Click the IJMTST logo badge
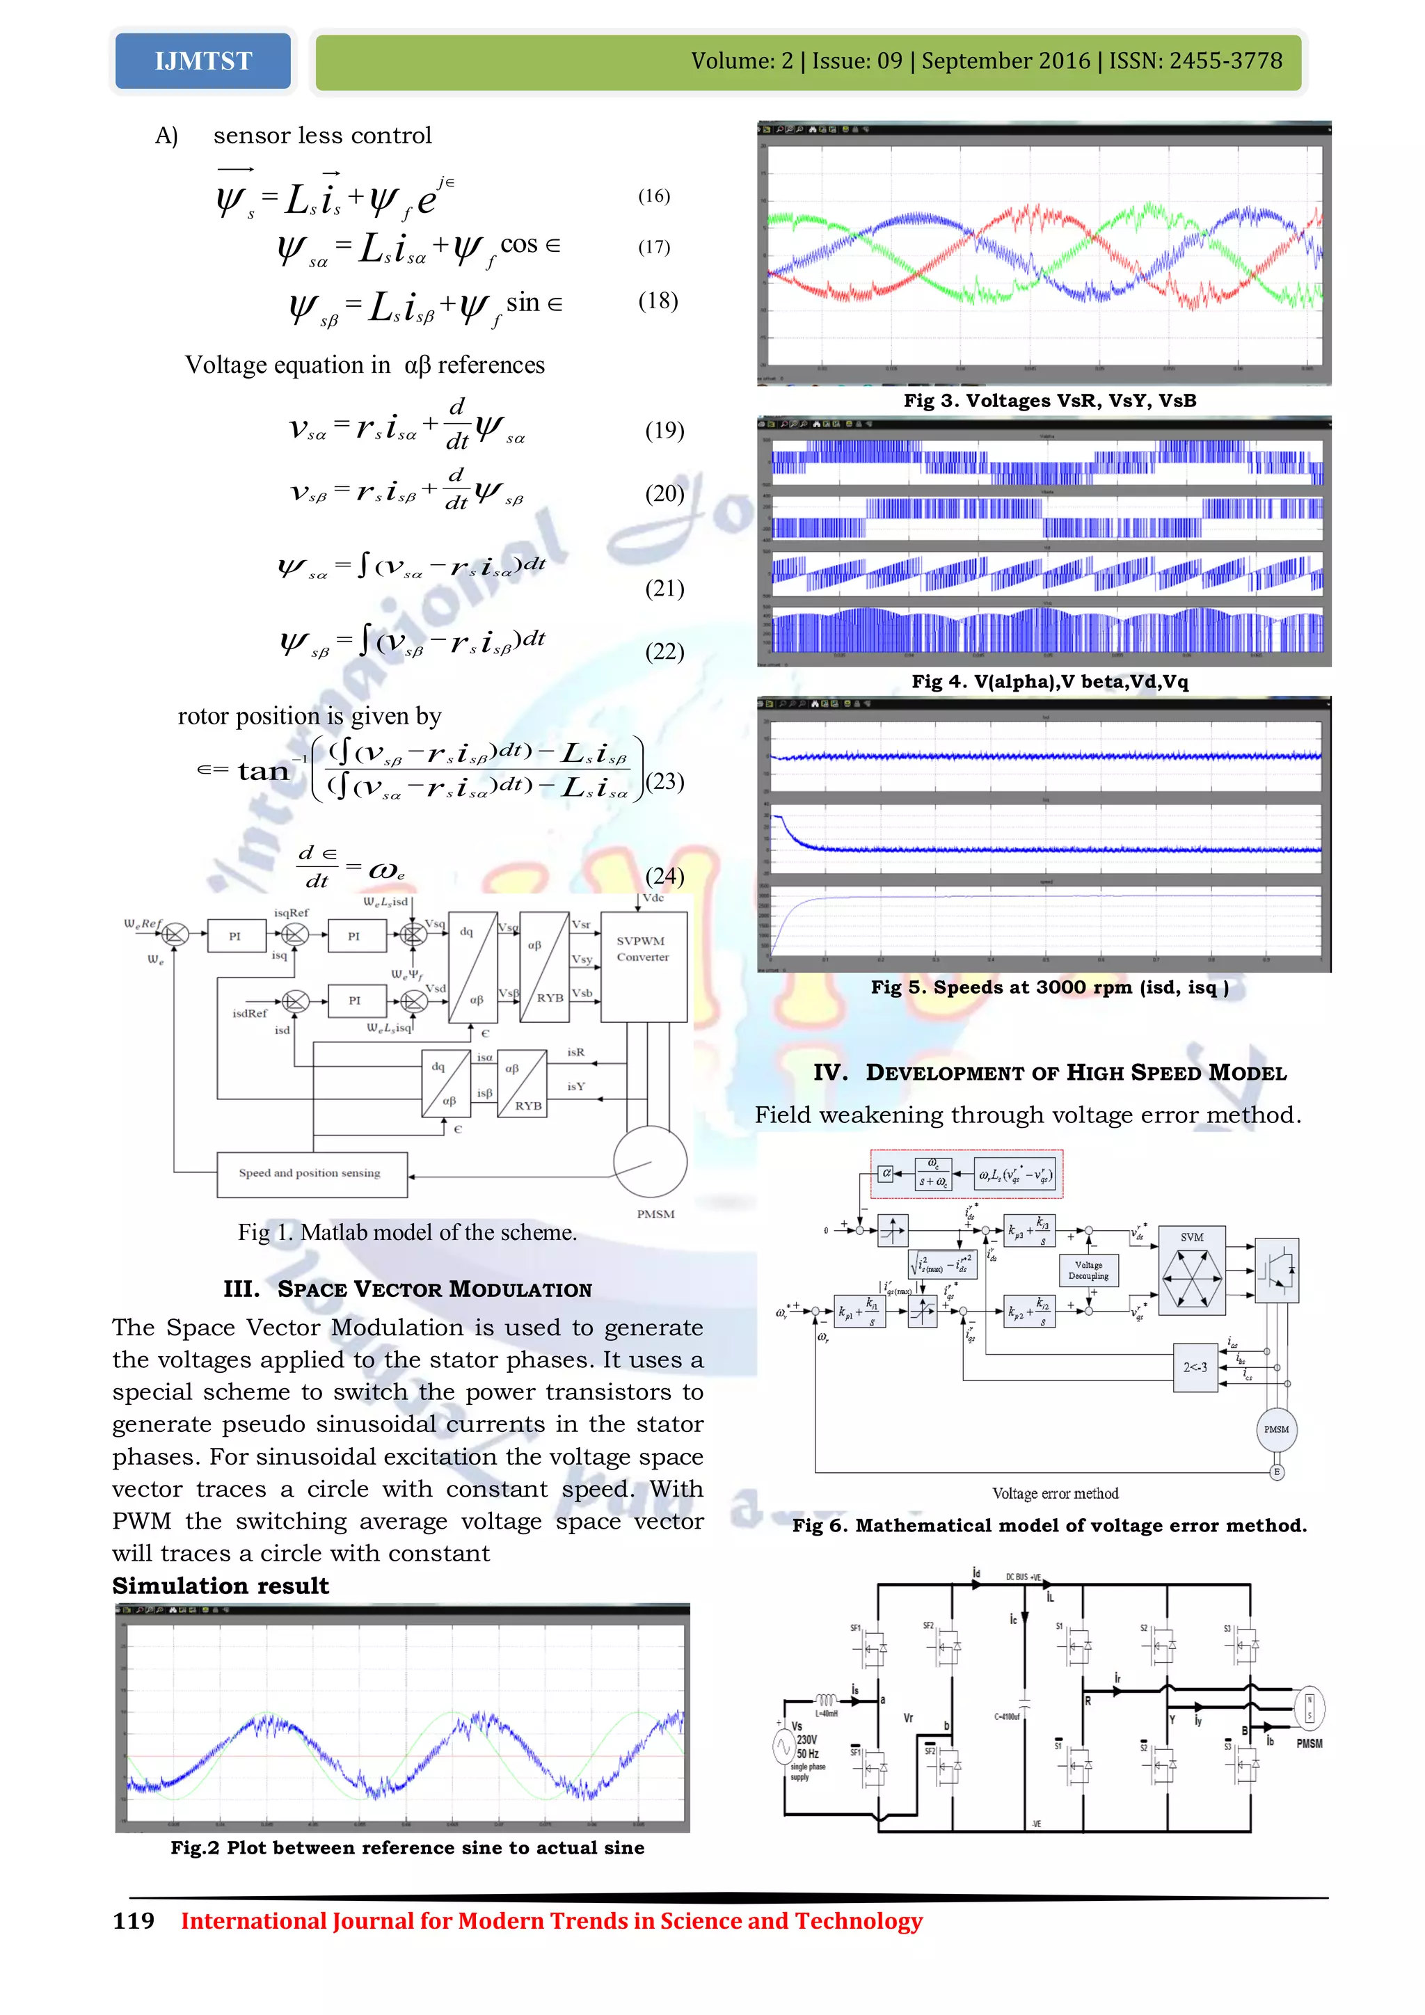click(202, 61)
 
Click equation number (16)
click(654, 196)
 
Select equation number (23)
click(664, 781)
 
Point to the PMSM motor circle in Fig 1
click(649, 1162)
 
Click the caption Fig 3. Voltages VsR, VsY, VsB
click(1049, 401)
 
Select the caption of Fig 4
click(1049, 682)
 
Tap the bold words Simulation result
click(221, 1586)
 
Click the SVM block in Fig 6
click(1192, 1270)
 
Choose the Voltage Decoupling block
click(1088, 1271)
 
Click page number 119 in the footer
click(134, 1921)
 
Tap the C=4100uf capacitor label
click(1006, 1717)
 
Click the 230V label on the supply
click(806, 1739)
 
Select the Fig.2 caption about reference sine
click(407, 1847)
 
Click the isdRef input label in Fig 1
click(249, 1014)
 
